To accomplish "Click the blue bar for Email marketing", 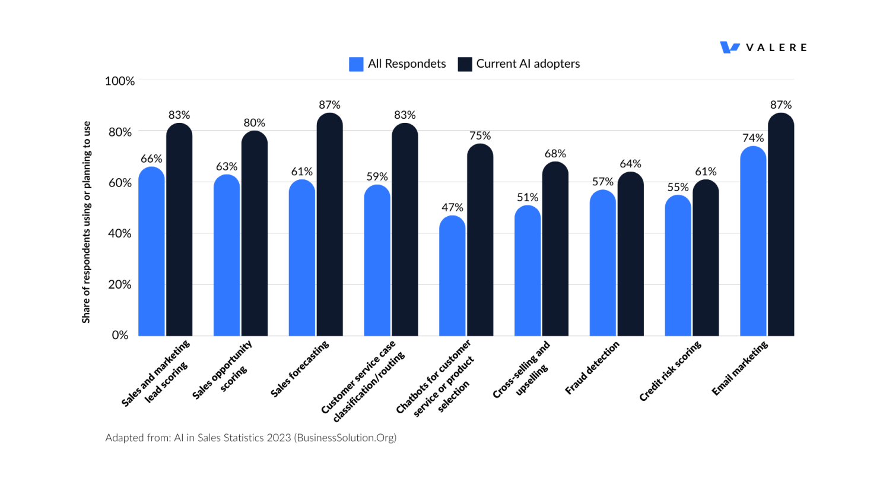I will pyautogui.click(x=753, y=243).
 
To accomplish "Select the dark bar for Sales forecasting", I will pyautogui.click(x=329, y=226).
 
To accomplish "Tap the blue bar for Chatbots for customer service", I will pyautogui.click(x=452, y=278).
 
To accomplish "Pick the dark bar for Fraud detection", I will pyautogui.click(x=630, y=255).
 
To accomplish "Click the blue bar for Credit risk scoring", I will pyautogui.click(x=678, y=267).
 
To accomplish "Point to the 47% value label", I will pyautogui.click(x=452, y=207).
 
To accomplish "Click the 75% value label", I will pyautogui.click(x=480, y=135).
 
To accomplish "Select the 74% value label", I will pyautogui.click(x=753, y=138).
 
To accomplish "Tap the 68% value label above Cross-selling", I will pyautogui.click(x=555, y=153).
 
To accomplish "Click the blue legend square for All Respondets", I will pyautogui.click(x=356, y=64).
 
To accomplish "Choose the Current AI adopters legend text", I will pyautogui.click(x=528, y=64).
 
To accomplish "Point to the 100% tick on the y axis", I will pyautogui.click(x=120, y=81).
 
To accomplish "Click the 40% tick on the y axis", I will pyautogui.click(x=120, y=233).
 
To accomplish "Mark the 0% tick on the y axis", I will pyautogui.click(x=120, y=335).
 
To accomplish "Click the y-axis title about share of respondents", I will pyautogui.click(x=87, y=223).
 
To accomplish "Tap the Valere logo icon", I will pyautogui.click(x=729, y=48).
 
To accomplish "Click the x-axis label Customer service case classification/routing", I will pyautogui.click(x=363, y=381).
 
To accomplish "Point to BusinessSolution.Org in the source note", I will pyautogui.click(x=345, y=438).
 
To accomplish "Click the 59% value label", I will pyautogui.click(x=377, y=176).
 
